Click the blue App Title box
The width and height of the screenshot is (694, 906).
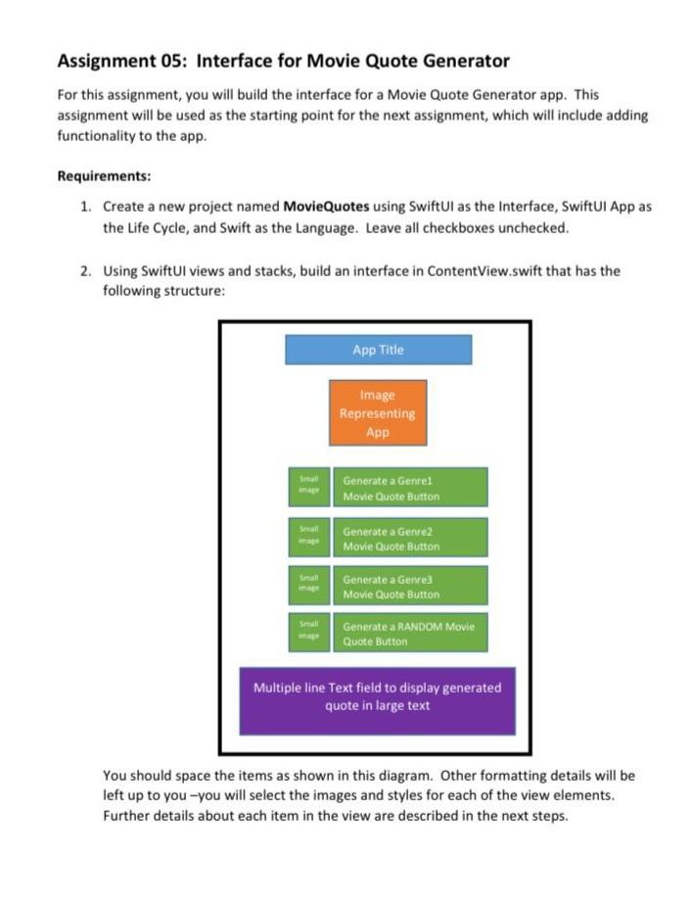pyautogui.click(x=378, y=350)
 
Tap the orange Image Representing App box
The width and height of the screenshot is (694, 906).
pyautogui.click(x=378, y=412)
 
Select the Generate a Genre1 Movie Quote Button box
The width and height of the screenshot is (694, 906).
pyautogui.click(x=409, y=488)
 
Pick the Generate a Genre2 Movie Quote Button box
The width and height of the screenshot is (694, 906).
pyautogui.click(x=409, y=538)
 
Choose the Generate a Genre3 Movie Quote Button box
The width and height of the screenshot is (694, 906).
pyautogui.click(x=409, y=586)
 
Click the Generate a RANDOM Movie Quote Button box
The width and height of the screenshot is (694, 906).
pyautogui.click(x=409, y=633)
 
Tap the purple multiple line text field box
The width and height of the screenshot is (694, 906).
pyautogui.click(x=377, y=699)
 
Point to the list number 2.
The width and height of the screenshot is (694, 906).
pyautogui.click(x=85, y=271)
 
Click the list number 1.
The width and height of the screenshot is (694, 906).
pyautogui.click(x=85, y=208)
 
